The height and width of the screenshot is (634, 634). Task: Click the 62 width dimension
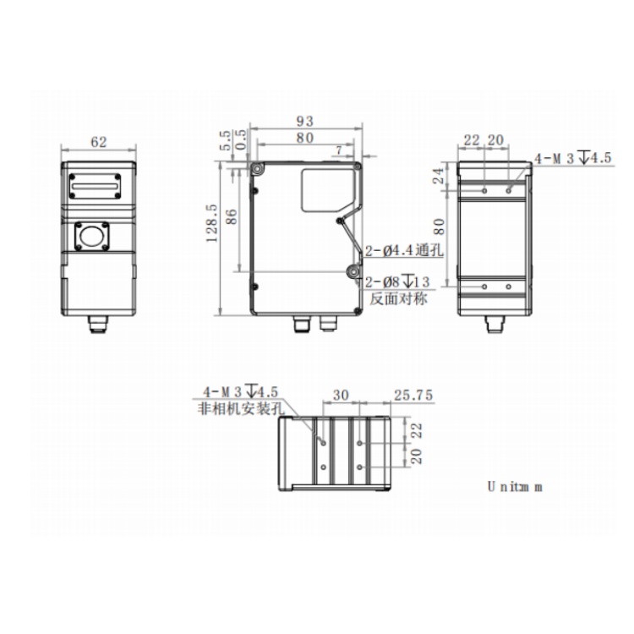(x=99, y=142)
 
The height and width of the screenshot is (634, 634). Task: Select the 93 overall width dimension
(x=305, y=121)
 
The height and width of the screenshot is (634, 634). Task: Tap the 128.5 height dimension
(x=212, y=223)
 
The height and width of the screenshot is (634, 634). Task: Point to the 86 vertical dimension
(x=231, y=216)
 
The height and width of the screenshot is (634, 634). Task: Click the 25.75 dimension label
(x=413, y=395)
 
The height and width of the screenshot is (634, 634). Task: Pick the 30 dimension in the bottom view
(x=341, y=395)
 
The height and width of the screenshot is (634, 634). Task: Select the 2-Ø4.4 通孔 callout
(x=404, y=251)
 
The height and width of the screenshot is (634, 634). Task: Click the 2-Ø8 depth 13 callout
(x=397, y=281)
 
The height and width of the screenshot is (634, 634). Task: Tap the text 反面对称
(x=398, y=298)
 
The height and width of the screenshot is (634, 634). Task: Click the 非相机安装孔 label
(x=241, y=408)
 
